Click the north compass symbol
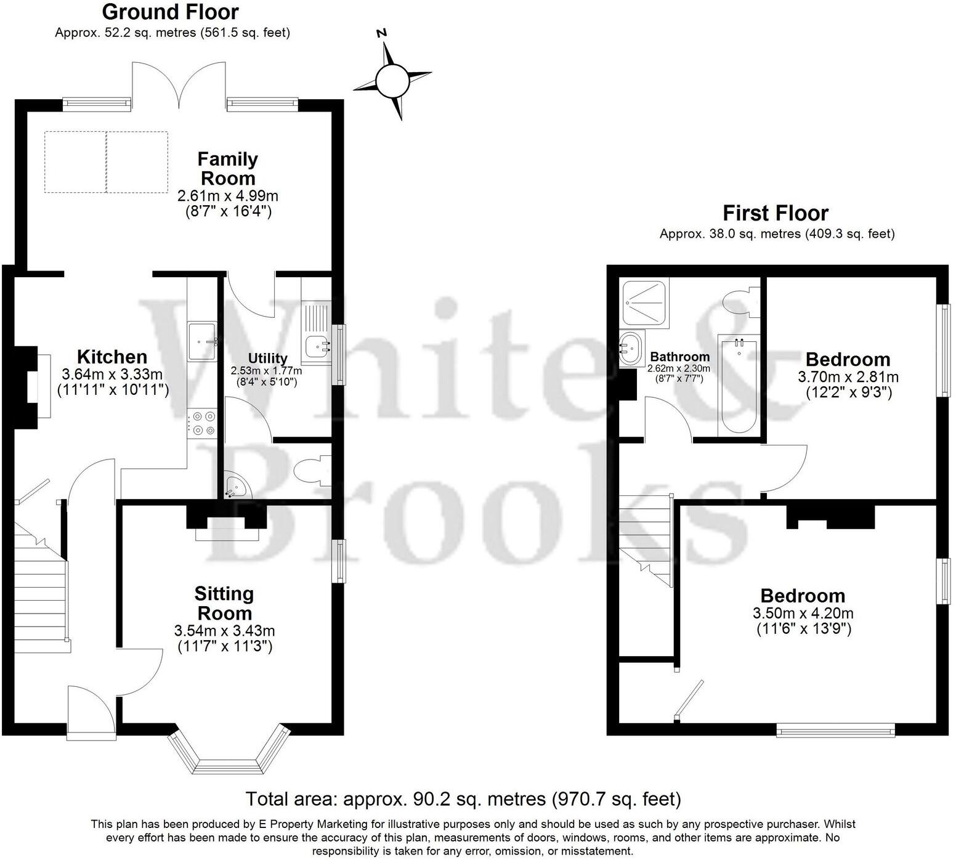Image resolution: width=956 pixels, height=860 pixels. pyautogui.click(x=392, y=80)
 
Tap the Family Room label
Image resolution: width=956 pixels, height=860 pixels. pyautogui.click(x=227, y=169)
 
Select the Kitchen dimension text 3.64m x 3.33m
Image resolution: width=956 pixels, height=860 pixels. pyautogui.click(x=112, y=375)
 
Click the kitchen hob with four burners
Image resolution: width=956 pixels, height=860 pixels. pyautogui.click(x=203, y=423)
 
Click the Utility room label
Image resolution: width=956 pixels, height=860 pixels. pyautogui.click(x=267, y=359)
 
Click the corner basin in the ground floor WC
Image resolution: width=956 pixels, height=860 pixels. pyautogui.click(x=235, y=486)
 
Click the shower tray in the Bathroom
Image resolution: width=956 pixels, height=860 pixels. pyautogui.click(x=644, y=302)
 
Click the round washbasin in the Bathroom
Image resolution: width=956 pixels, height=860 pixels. pyautogui.click(x=631, y=349)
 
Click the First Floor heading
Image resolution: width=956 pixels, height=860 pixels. pyautogui.click(x=775, y=213)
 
